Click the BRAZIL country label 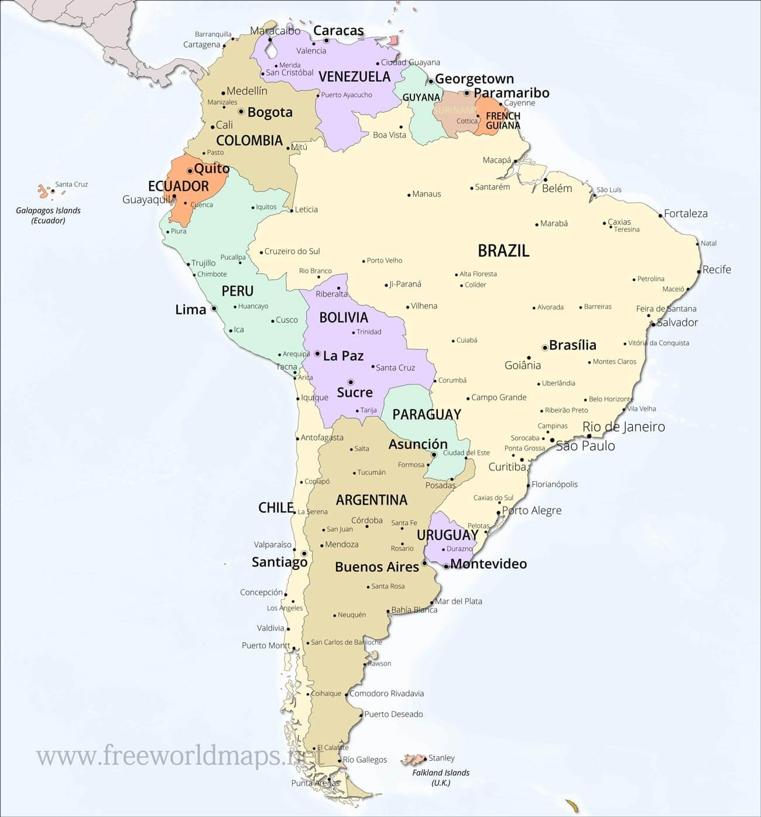(503, 250)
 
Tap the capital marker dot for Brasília (545, 347)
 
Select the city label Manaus (426, 194)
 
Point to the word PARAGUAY (427, 414)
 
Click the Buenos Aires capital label (377, 567)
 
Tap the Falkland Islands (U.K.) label (441, 777)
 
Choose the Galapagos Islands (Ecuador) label (49, 215)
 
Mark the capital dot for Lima (214, 308)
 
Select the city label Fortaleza (685, 214)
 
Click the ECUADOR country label (179, 186)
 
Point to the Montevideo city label (489, 564)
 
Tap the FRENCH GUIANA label (503, 121)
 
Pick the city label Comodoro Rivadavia (386, 694)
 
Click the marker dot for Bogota (241, 111)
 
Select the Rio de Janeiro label (623, 427)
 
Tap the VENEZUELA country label (354, 77)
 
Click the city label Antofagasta (322, 437)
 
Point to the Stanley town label (441, 758)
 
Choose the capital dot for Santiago (304, 553)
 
